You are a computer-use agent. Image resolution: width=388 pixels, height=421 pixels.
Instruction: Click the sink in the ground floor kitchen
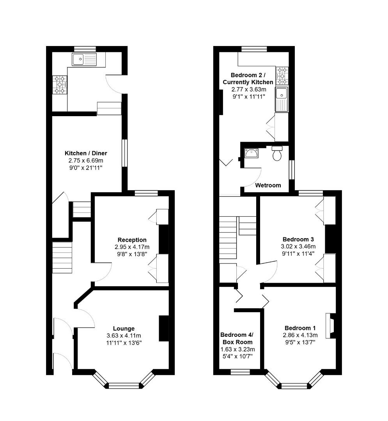pos(84,60)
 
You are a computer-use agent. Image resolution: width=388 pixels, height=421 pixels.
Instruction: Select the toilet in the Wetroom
pos(277,154)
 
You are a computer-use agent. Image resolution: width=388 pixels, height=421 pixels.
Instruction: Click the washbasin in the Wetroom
pos(251,153)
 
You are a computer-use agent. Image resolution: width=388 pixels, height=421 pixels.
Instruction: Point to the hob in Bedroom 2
pos(282,76)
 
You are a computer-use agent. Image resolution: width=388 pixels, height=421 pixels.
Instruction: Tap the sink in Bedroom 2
pos(281,99)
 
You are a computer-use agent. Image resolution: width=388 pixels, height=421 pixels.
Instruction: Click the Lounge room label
pos(124,328)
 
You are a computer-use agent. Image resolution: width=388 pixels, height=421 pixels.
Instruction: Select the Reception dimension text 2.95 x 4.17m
pos(132,247)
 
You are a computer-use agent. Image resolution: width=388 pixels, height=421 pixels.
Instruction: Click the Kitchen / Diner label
pos(86,153)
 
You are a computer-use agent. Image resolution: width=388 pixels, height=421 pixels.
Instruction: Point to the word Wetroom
pos(268,185)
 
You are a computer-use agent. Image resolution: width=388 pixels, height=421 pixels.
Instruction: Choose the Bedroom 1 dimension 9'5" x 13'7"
pos(299,342)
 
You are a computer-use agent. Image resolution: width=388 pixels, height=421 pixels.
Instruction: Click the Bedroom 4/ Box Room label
pos(237,338)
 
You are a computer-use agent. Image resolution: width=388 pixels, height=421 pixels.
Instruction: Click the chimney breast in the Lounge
pos(164,328)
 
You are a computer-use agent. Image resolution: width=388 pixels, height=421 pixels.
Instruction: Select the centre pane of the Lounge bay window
pos(124,386)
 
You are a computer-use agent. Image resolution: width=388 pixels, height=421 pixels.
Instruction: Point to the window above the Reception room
pos(146,193)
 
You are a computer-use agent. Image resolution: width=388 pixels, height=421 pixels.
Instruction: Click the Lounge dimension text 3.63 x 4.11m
pos(124,336)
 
